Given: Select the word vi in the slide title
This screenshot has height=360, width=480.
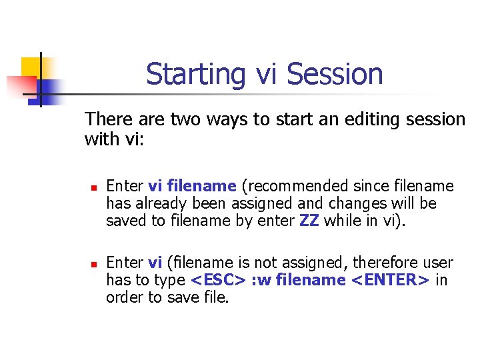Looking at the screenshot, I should tap(267, 74).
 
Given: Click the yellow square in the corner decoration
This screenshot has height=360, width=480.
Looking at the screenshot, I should tap(31, 67).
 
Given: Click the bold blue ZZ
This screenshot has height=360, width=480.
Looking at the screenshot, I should tap(310, 221).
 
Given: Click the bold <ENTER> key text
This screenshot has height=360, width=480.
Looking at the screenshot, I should tap(389, 280).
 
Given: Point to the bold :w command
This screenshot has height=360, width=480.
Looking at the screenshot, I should tap(262, 280).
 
